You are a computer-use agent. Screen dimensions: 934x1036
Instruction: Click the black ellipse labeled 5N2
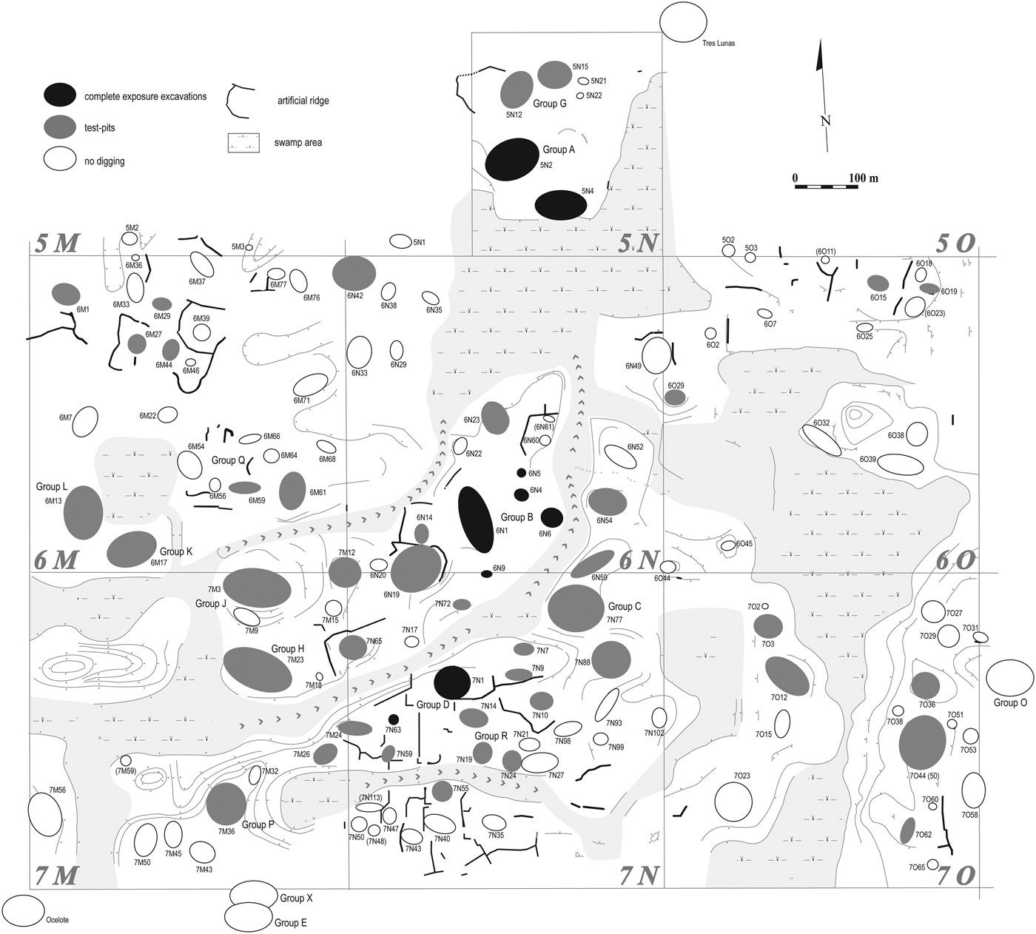click(511, 159)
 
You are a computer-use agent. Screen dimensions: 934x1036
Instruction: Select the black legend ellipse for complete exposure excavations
click(59, 94)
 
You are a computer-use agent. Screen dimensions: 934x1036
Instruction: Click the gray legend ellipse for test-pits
click(59, 127)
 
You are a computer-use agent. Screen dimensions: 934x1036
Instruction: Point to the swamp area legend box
click(243, 143)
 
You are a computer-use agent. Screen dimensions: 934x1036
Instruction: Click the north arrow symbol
click(821, 96)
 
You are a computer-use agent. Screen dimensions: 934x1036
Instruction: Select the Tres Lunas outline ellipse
click(682, 22)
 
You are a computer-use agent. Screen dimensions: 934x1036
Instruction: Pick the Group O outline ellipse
click(1009, 678)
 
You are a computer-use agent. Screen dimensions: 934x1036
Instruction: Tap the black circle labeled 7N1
click(451, 682)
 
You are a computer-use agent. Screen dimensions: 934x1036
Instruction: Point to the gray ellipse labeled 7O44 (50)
click(922, 743)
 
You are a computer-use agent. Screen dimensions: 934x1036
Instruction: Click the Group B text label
click(517, 517)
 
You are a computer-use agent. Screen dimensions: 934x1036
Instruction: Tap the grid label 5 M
click(56, 243)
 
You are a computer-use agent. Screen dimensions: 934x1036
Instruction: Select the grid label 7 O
click(955, 876)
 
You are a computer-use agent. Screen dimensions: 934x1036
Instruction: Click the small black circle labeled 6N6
click(551, 517)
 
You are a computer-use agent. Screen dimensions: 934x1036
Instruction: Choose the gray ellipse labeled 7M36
click(226, 804)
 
